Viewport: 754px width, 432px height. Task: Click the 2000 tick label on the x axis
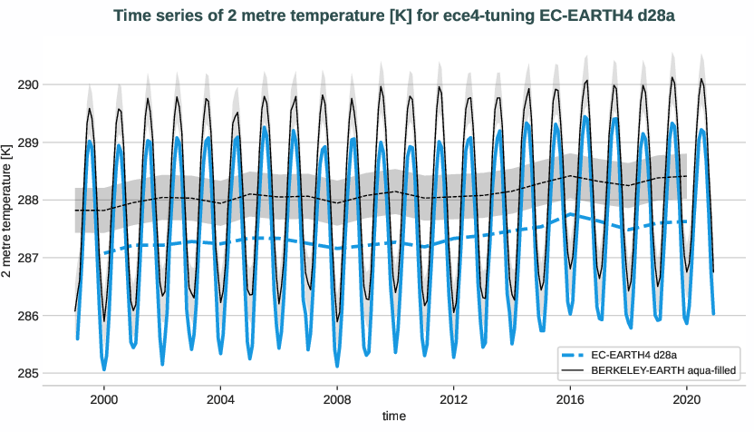tap(104, 398)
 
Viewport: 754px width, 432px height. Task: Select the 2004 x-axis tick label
tap(220, 398)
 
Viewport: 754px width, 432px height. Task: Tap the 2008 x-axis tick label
tap(337, 398)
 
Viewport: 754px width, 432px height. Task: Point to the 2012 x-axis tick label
tap(453, 398)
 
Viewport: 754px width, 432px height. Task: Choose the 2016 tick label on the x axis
tap(570, 398)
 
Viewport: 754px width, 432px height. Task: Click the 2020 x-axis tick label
tap(686, 398)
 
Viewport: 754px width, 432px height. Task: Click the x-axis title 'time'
tap(393, 417)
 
